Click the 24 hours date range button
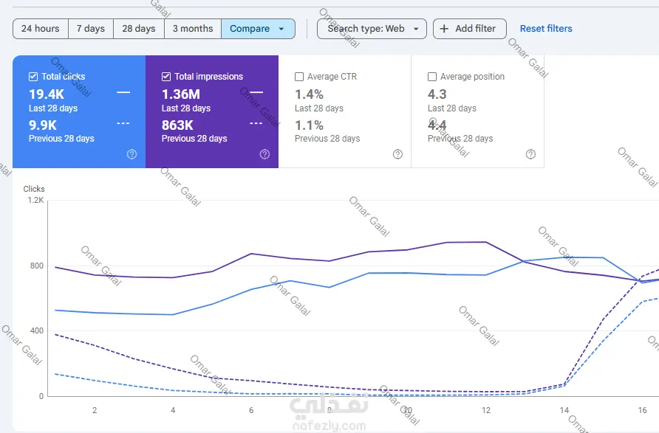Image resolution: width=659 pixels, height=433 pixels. click(41, 29)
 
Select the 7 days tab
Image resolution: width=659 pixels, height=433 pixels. click(91, 29)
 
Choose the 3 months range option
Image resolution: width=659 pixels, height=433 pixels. click(193, 29)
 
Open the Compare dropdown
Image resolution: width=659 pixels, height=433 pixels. click(258, 29)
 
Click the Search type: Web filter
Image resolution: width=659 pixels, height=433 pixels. click(372, 29)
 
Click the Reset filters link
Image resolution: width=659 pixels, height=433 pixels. click(546, 29)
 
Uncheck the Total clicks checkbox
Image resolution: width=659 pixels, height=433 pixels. click(33, 77)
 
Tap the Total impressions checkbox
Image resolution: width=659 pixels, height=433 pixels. click(166, 77)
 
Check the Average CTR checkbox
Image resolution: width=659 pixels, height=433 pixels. click(299, 77)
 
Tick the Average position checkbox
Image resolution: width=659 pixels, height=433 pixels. click(432, 77)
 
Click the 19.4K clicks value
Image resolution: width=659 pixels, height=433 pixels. click(47, 94)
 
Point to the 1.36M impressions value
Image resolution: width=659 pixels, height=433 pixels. click(181, 94)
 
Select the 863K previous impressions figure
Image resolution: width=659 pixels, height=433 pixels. click(177, 125)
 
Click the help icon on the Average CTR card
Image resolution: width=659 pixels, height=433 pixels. click(397, 154)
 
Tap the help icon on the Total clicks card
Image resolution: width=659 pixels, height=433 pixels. click(132, 154)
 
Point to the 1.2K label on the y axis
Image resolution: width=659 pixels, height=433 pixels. click(35, 200)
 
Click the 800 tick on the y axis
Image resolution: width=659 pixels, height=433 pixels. click(36, 266)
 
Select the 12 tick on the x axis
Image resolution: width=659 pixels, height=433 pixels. click(486, 410)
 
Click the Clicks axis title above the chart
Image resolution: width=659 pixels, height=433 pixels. click(34, 189)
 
